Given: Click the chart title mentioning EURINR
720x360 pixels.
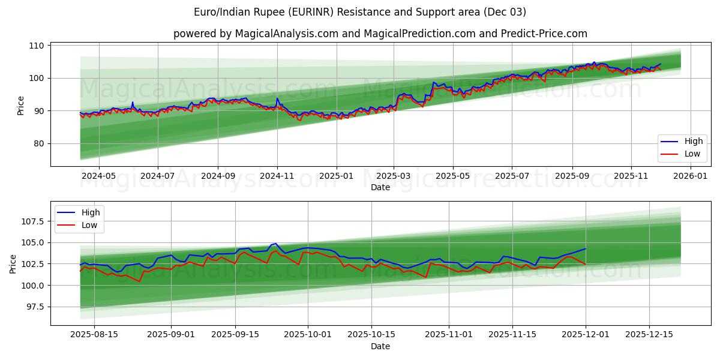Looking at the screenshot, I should pos(360,12).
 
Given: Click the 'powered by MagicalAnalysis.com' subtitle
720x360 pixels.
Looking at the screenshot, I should pos(380,34).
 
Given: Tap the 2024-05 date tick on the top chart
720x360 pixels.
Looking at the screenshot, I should pos(98,176).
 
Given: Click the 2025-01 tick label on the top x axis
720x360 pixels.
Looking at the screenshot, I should pos(336,176).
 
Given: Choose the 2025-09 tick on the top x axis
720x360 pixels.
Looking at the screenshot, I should pos(572,176).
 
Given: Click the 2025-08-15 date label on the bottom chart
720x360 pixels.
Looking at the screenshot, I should pos(95,335).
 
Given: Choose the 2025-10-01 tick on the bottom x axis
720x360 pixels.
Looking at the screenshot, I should pos(308,335).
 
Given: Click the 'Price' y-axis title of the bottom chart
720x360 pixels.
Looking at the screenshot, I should pos(14,263).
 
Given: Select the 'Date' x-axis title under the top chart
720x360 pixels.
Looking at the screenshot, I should pos(380,187).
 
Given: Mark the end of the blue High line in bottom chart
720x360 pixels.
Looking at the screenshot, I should pos(586,248).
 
